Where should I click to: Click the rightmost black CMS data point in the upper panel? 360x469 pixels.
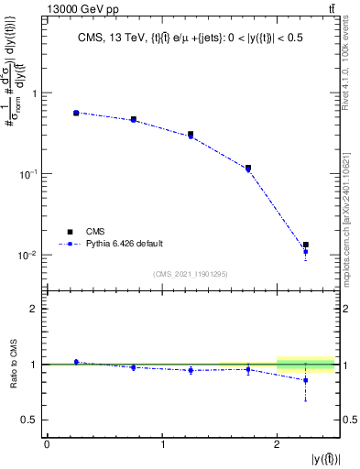(306, 245)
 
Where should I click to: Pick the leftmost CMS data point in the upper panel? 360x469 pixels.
(76, 113)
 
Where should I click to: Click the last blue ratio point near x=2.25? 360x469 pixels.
(306, 380)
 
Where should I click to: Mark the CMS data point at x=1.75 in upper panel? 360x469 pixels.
(248, 168)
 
